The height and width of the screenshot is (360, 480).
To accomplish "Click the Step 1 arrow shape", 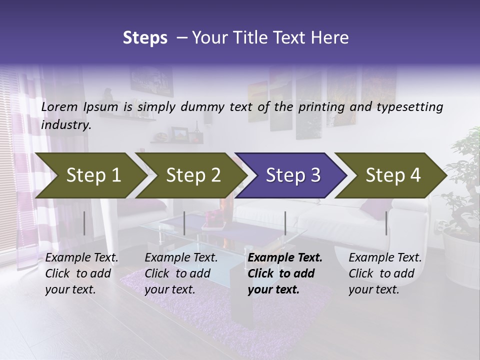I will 90,175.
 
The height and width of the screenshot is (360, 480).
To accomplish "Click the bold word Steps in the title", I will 145,37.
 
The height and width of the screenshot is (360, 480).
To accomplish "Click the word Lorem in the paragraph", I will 60,106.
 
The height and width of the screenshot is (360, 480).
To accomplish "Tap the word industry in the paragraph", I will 65,124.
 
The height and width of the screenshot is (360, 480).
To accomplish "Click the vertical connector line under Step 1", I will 84,223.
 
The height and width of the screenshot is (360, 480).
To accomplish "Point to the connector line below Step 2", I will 184,223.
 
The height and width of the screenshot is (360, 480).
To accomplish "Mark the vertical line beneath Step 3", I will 285,223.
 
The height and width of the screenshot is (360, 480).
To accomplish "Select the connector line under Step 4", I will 386,223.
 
